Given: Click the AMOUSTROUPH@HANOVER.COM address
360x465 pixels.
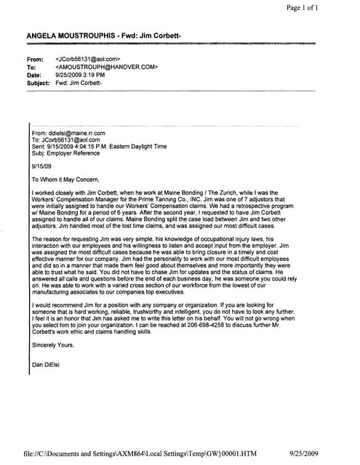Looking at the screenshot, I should [107, 66].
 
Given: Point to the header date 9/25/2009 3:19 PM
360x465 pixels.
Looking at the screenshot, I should [81, 74].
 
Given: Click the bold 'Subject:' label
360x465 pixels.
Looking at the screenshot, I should [40, 83].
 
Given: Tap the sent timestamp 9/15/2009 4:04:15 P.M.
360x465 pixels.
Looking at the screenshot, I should [86, 146].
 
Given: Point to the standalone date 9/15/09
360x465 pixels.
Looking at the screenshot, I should [42, 165].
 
